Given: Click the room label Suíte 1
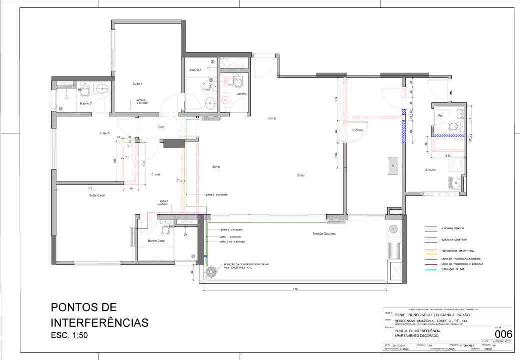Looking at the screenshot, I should point(137,84).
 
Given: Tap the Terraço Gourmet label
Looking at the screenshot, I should point(324,234).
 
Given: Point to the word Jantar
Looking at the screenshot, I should point(272,118).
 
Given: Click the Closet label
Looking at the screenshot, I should point(156,174).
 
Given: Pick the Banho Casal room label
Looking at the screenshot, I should point(156,241).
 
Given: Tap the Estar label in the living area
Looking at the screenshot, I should point(301,175).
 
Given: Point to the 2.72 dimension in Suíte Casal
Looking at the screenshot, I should point(90,188).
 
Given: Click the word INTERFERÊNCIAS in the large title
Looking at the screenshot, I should point(100,322).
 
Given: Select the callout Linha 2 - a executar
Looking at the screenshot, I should point(216,194).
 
